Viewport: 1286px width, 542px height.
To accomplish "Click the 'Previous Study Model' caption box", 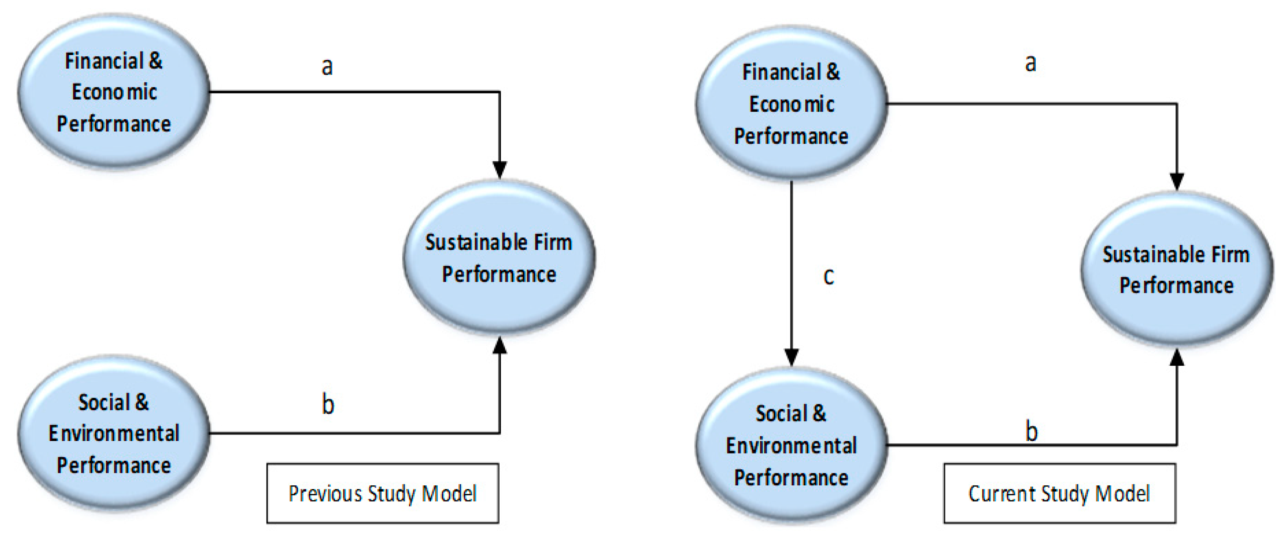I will (382, 493).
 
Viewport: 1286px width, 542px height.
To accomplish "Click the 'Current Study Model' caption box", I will (1059, 493).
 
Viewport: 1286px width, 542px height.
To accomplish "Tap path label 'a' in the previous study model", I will (327, 66).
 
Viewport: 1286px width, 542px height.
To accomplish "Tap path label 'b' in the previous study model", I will (328, 404).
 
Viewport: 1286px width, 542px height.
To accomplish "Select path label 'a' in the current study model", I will (1030, 63).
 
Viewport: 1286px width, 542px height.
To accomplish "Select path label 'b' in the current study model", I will (1031, 431).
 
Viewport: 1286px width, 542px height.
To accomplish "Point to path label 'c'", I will (828, 276).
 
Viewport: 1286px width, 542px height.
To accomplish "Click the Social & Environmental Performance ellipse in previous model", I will (114, 433).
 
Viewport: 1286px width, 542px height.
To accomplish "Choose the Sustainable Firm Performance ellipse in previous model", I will (499, 258).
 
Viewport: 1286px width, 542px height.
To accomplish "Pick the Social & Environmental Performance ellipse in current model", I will (791, 445).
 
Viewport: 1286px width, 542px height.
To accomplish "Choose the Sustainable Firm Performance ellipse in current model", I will (1177, 270).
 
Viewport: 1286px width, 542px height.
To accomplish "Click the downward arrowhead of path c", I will (791, 357).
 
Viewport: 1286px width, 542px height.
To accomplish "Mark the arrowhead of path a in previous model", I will (500, 169).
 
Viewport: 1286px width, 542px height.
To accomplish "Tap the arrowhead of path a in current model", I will (1177, 181).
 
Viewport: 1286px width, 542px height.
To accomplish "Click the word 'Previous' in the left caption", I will (325, 493).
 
